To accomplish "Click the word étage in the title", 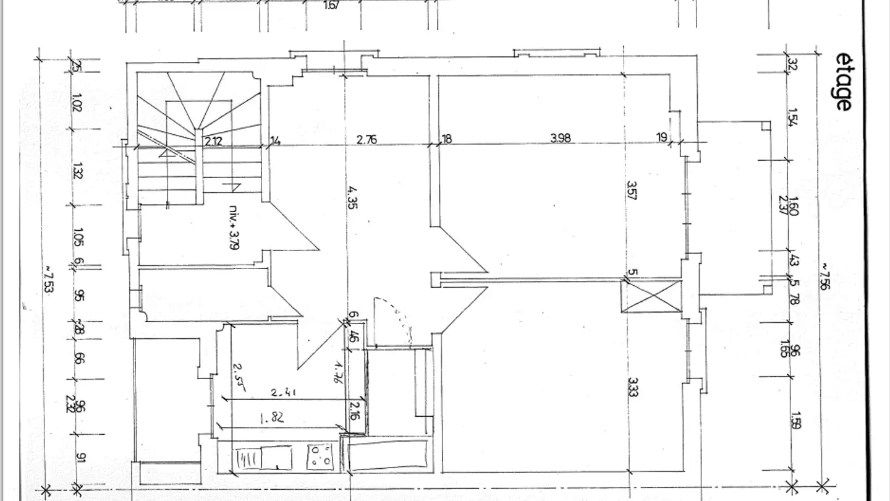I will coord(843,81).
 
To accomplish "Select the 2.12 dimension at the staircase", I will coord(214,141).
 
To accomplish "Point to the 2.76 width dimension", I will coord(367,139).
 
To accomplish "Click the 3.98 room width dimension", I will coord(561,139).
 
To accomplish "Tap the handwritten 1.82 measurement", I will coord(272,417).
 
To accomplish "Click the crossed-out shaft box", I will coord(651,296).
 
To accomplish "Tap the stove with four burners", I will coord(321,456).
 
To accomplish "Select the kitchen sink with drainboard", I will coord(263,458).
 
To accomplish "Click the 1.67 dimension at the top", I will coord(331,6).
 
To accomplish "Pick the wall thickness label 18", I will coord(446,139).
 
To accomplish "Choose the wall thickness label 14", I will coord(275,141).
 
